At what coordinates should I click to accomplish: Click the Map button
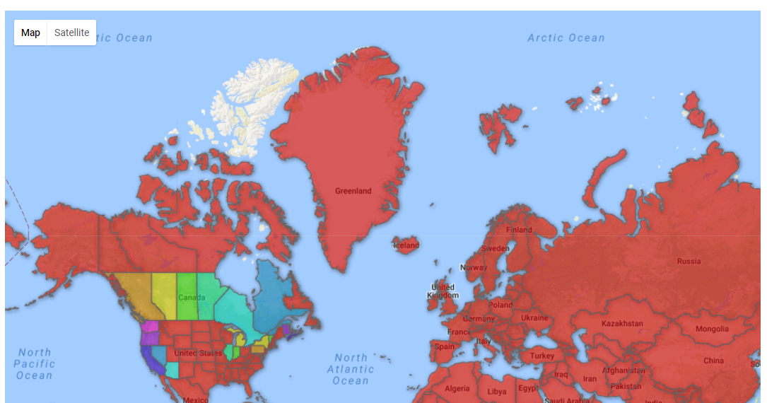pos(30,33)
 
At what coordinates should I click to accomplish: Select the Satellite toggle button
pos(72,33)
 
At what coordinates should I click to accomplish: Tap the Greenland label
pos(353,191)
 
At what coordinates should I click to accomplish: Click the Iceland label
pos(406,245)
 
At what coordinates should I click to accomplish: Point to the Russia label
pos(689,262)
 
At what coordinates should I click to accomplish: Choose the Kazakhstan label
pos(622,324)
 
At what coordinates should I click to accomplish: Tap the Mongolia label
pos(712,329)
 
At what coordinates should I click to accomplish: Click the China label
pos(713,361)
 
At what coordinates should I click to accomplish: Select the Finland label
pos(519,230)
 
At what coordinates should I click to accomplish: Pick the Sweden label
pos(495,249)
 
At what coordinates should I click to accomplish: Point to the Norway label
pos(473,268)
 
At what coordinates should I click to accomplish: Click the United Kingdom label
pos(443,291)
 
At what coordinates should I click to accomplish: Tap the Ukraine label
pos(534,317)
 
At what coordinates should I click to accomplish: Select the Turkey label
pos(542,356)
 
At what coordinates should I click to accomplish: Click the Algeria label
pos(457,389)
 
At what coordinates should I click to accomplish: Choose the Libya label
pos(497,392)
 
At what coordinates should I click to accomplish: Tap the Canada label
pos(192,298)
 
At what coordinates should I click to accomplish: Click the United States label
pos(198,353)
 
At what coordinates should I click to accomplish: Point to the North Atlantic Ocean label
pos(351,369)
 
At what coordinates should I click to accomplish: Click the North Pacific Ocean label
pos(34,363)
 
